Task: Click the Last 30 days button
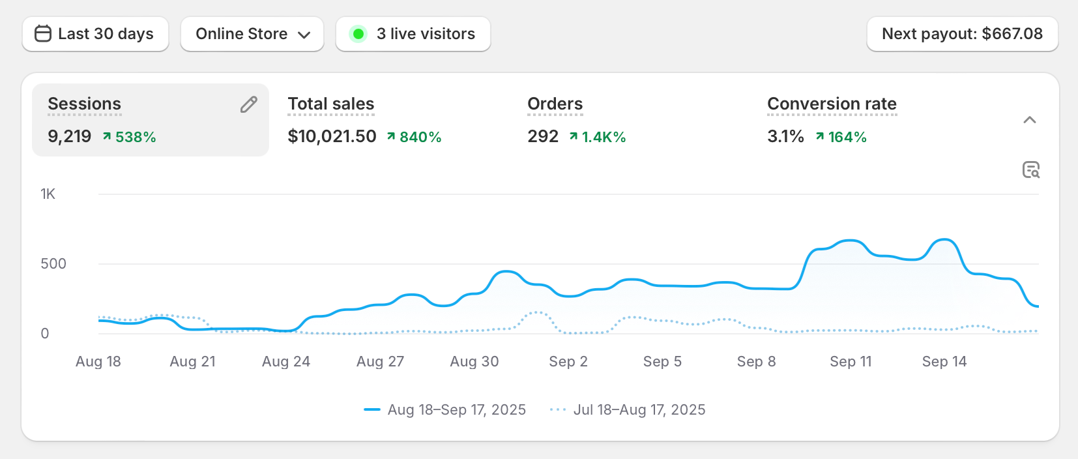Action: pyautogui.click(x=95, y=34)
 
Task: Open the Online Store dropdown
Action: pyautogui.click(x=252, y=34)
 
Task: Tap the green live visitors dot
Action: pyautogui.click(x=358, y=34)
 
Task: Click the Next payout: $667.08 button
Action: pyautogui.click(x=962, y=34)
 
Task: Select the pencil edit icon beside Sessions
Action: pyautogui.click(x=249, y=104)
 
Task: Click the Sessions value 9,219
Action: pyautogui.click(x=69, y=136)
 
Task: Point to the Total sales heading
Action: pyautogui.click(x=331, y=104)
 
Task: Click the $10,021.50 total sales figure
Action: pyautogui.click(x=332, y=136)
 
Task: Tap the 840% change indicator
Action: pyautogui.click(x=415, y=137)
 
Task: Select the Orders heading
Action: pyautogui.click(x=555, y=104)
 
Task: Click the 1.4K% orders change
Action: pyautogui.click(x=598, y=137)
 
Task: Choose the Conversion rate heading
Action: pyautogui.click(x=832, y=104)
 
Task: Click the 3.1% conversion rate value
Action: pyautogui.click(x=785, y=136)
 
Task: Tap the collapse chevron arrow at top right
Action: pyautogui.click(x=1030, y=120)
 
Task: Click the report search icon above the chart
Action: pyautogui.click(x=1031, y=170)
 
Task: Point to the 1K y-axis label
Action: pyautogui.click(x=48, y=194)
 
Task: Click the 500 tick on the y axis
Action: pyautogui.click(x=53, y=264)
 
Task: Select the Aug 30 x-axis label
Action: pyautogui.click(x=474, y=362)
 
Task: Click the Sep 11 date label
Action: pyautogui.click(x=851, y=362)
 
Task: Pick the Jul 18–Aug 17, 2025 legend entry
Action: pyautogui.click(x=639, y=410)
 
